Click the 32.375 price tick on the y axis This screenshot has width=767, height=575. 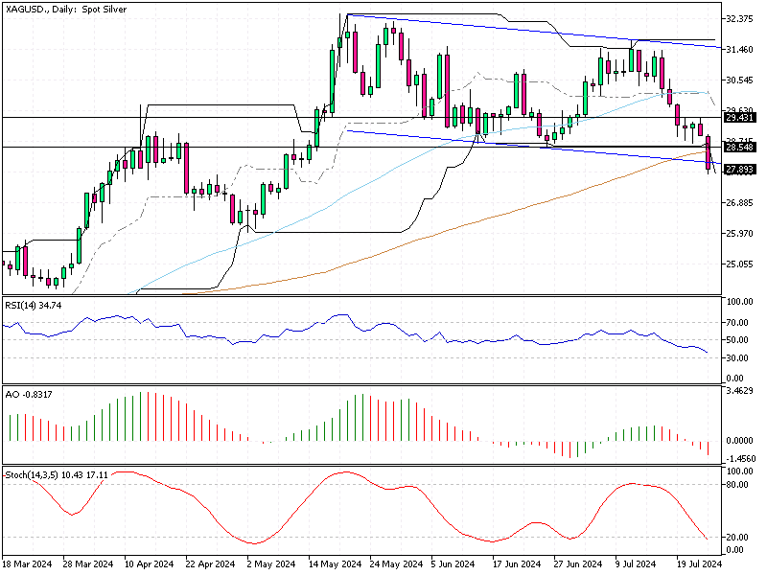point(740,19)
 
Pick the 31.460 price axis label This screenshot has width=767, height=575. point(740,49)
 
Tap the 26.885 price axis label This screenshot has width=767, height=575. point(740,203)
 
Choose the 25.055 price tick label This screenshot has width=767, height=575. point(740,264)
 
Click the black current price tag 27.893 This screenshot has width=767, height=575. point(738,169)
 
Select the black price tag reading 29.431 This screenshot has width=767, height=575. point(738,118)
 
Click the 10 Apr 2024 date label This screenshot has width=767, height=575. point(149,565)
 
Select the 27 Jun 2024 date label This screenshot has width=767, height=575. point(576,565)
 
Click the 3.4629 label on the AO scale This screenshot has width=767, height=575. point(742,392)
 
